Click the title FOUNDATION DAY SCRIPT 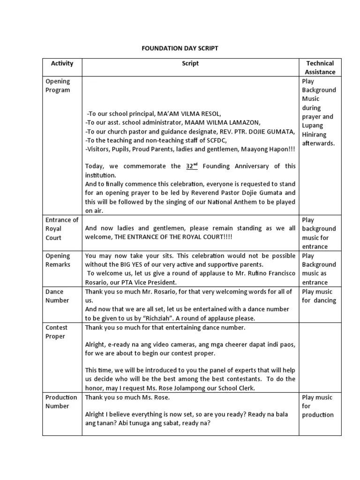pos(180,49)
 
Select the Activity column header pos(62,63)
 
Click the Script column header pos(190,63)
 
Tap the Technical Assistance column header pos(320,67)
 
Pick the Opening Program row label pos(58,86)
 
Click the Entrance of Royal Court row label pos(61,229)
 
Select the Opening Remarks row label pos(58,260)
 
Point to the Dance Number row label pos(57,296)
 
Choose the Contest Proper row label pos(56,332)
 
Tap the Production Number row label pos(61,402)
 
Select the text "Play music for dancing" pos(319,296)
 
